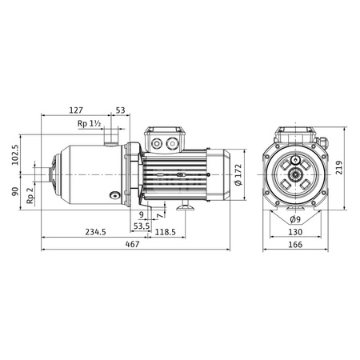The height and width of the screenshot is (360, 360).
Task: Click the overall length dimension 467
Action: coord(133,244)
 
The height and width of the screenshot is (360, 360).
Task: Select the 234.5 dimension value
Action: coord(95,232)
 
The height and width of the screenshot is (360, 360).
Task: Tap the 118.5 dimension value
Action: coord(166,232)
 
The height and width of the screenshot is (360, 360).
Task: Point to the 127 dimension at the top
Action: coord(76,110)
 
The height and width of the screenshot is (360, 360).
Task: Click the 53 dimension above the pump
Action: coord(120,110)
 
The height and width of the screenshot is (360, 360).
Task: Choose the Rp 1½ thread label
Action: coord(89,124)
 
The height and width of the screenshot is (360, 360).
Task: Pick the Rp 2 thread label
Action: coord(30,196)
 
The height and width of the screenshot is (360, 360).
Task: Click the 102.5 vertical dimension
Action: coord(15,155)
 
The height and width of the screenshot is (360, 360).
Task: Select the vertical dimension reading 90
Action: coord(15,191)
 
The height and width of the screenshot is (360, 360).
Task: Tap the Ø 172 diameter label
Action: coord(238,174)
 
